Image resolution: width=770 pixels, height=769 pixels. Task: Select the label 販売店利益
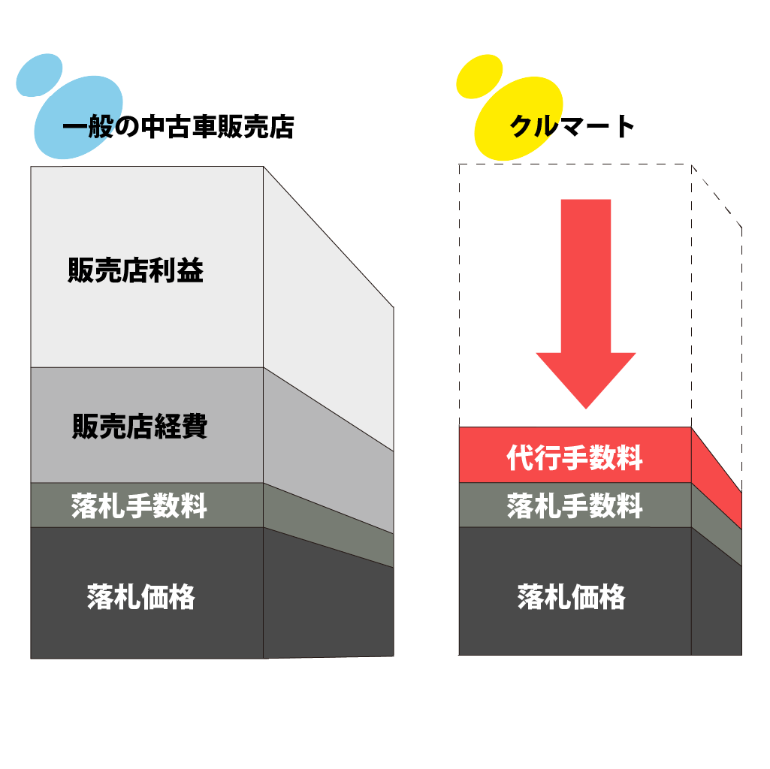pyautogui.click(x=136, y=271)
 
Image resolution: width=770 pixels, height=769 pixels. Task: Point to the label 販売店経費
pyautogui.click(x=140, y=427)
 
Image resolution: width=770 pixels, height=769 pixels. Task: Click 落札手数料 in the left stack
pyautogui.click(x=140, y=506)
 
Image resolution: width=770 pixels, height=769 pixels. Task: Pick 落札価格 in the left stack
pyautogui.click(x=141, y=598)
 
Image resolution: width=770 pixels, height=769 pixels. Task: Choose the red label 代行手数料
pyautogui.click(x=575, y=457)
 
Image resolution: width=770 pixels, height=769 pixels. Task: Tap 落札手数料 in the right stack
pyautogui.click(x=575, y=506)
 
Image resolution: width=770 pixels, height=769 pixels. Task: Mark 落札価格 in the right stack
pyautogui.click(x=572, y=598)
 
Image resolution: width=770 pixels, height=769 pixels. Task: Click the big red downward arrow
pyautogui.click(x=586, y=300)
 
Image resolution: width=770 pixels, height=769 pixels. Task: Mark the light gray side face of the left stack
pyautogui.click(x=328, y=451)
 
